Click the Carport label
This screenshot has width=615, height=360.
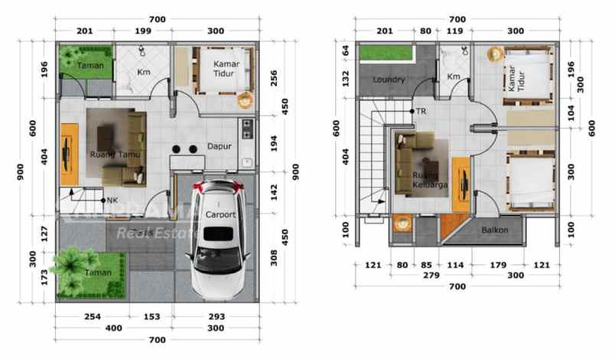tap(220, 215)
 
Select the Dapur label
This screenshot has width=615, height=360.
tap(220, 147)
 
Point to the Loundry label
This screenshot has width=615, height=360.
tap(389, 79)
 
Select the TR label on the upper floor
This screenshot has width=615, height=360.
tap(421, 112)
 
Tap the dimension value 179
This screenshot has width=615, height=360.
tap(499, 265)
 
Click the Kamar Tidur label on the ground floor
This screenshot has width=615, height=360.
tap(226, 68)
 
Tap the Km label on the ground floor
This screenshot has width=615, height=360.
tap(143, 73)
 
